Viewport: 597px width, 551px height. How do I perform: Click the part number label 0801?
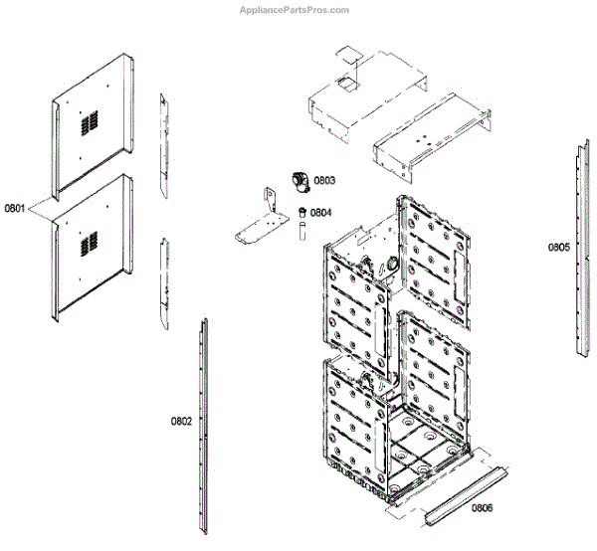[15, 209]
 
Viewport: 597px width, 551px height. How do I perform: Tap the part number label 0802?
[181, 422]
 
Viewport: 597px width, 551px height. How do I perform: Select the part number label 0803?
[324, 181]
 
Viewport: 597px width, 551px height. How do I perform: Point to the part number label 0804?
[320, 212]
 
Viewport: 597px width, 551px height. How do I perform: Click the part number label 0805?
[558, 247]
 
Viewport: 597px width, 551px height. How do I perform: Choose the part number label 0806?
[483, 508]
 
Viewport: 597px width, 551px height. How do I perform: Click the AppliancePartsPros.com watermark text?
[296, 10]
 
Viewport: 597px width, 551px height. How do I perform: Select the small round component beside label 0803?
[297, 180]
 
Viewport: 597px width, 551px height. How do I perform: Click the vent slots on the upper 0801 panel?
[91, 121]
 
